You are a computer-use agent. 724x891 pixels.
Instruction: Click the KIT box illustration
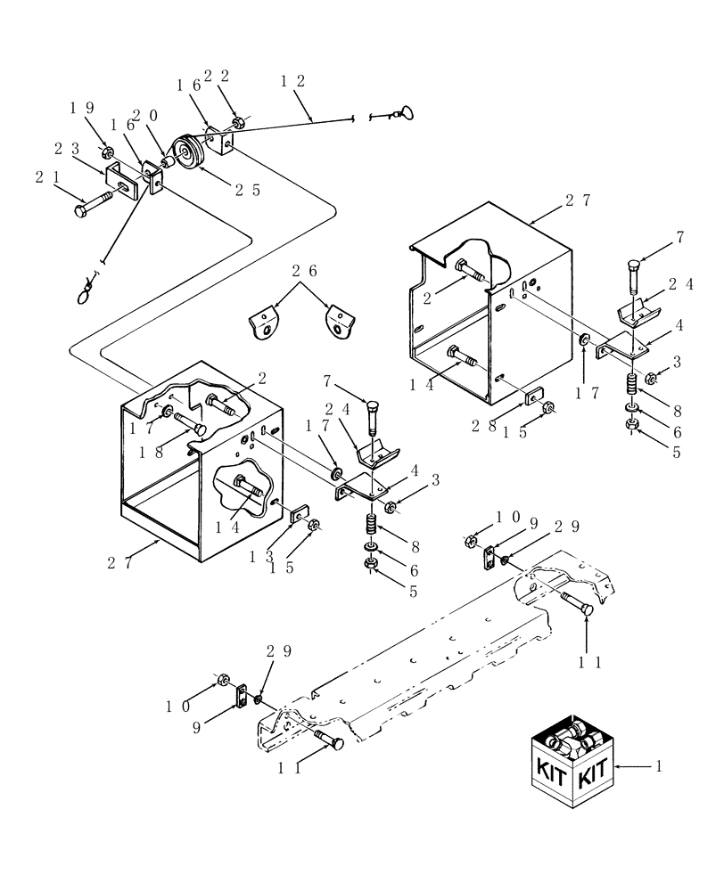(x=572, y=764)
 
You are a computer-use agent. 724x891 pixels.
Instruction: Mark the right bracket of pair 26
(x=336, y=322)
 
